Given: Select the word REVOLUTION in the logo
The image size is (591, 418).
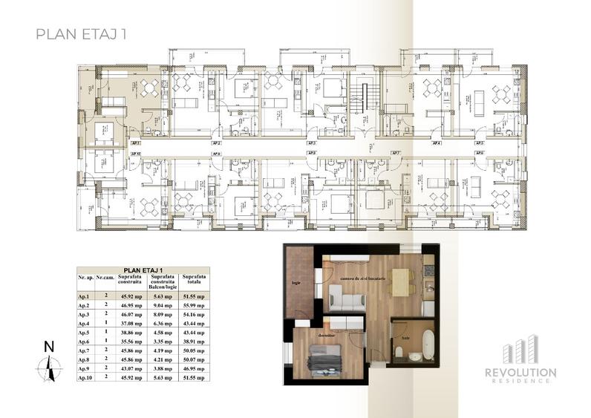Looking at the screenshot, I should (520, 371).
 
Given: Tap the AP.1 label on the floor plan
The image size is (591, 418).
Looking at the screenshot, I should (136, 142).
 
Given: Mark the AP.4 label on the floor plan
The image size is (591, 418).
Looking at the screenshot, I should (437, 142).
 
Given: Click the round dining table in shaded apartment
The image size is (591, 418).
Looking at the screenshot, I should (151, 88).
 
